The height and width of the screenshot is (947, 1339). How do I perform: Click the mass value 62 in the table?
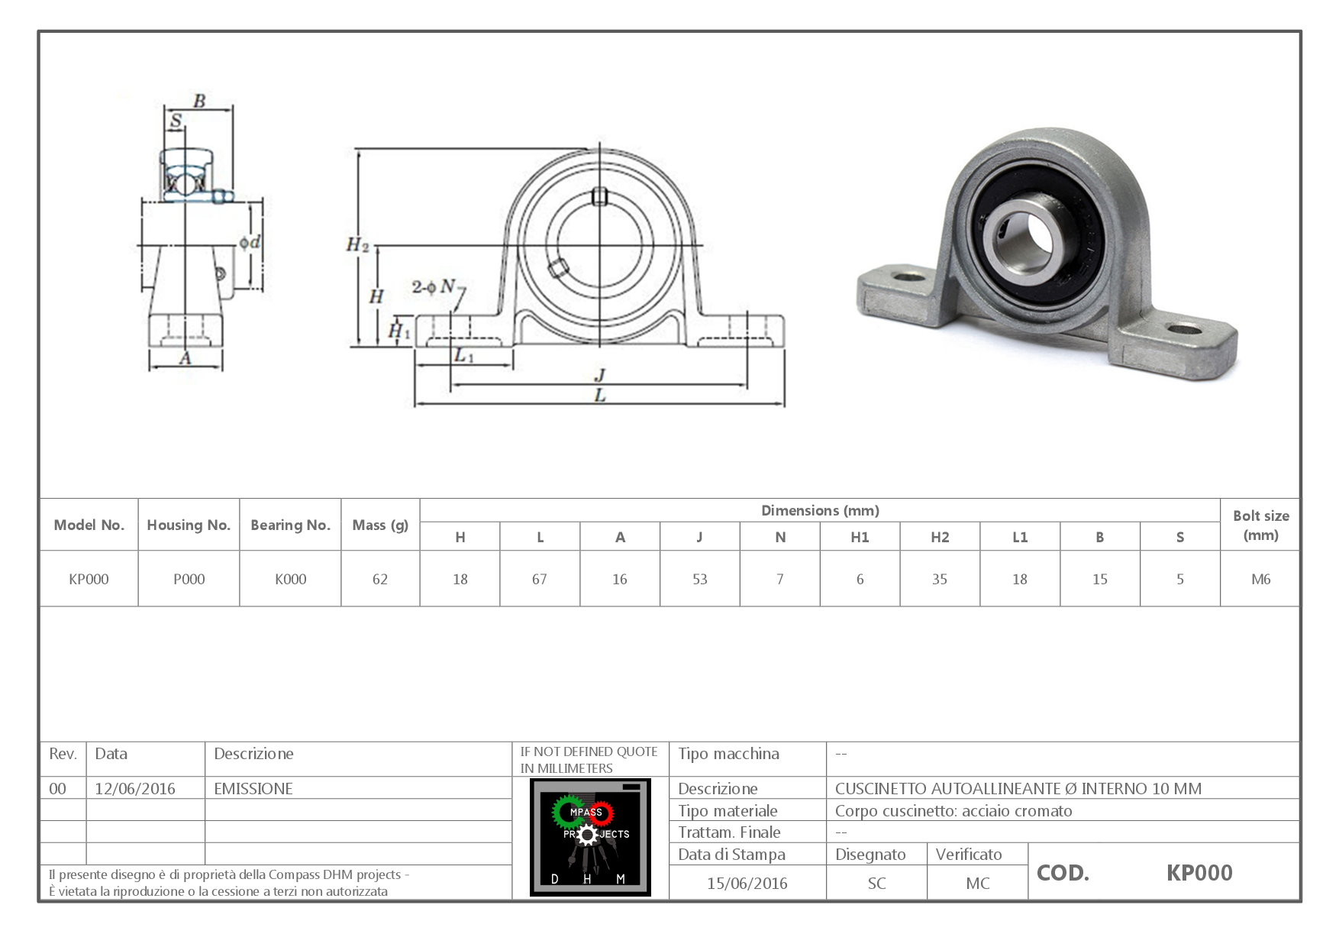380,580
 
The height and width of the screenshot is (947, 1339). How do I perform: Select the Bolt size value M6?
1260,580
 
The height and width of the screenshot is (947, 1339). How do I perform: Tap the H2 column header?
940,538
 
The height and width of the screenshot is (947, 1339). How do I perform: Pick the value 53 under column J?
699,580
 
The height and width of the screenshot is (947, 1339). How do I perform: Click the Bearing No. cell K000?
290,580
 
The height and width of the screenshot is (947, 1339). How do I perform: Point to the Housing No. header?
189,525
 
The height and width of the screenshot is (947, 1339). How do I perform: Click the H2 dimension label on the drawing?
357,245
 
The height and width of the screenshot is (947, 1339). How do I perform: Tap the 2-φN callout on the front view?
434,286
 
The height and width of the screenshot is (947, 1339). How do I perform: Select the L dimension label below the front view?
600,396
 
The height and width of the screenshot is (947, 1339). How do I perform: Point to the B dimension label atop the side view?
199,101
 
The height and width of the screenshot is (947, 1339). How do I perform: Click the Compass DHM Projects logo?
590,837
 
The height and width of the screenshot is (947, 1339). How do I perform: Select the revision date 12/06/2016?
135,789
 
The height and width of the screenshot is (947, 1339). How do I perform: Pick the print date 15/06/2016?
747,884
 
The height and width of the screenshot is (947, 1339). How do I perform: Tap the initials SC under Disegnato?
876,884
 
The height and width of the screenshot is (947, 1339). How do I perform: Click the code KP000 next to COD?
1199,873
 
